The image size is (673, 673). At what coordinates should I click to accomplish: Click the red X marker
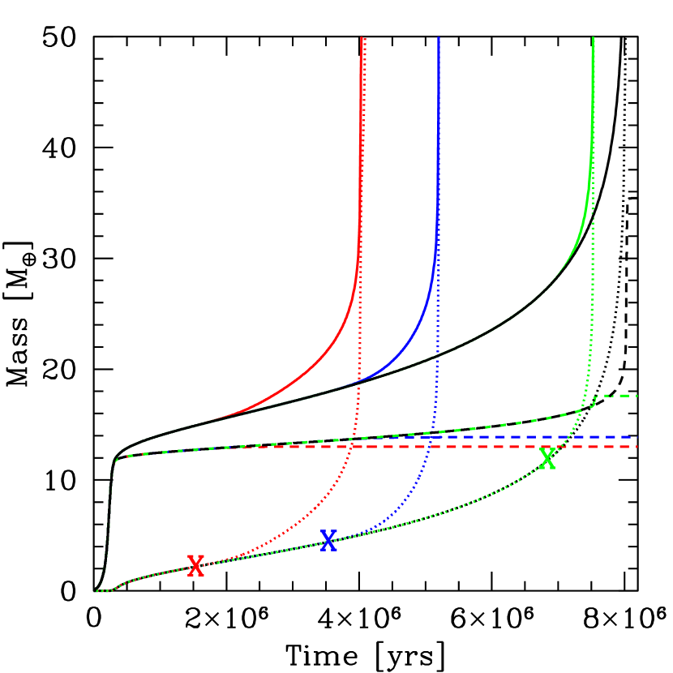195,565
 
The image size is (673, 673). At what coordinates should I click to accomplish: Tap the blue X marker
328,540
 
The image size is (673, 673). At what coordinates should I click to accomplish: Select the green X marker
548,458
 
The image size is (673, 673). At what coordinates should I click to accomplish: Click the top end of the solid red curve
361,38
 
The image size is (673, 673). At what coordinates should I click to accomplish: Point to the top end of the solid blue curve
439,38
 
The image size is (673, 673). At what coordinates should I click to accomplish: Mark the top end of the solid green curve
594,38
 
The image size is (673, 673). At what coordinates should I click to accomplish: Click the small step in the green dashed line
595,399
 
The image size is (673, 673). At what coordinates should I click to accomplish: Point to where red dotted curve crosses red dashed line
349,447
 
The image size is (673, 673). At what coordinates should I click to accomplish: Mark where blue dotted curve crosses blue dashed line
427,437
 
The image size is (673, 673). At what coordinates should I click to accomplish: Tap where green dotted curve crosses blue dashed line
568,437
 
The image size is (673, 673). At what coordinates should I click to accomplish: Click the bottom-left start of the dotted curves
94,591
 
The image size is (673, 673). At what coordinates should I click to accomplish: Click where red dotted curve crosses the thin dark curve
358,382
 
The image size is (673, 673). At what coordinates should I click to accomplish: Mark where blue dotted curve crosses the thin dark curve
436,356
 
